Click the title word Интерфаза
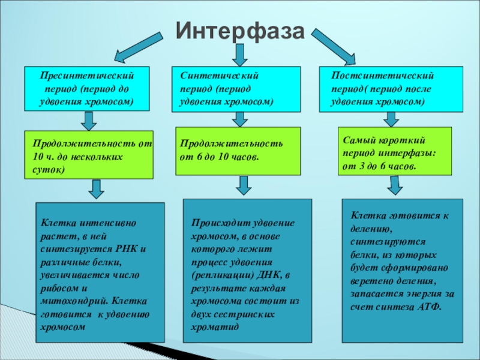pos(240,30)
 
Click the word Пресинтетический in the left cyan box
pos(87,77)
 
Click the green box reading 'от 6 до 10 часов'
pos(238,151)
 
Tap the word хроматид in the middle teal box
pos(215,328)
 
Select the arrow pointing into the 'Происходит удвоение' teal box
pos(243,185)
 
